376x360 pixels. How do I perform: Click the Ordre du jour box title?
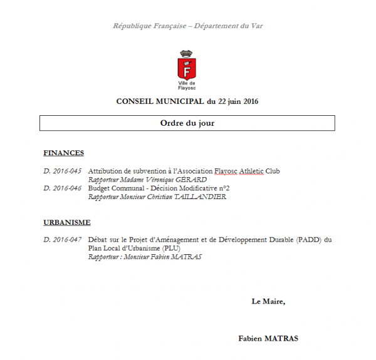(x=187, y=123)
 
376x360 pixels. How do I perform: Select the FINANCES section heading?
(x=63, y=153)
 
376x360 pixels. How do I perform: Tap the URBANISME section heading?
(x=67, y=222)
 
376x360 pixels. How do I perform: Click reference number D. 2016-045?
(x=63, y=171)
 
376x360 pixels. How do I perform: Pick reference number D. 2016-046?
(x=63, y=187)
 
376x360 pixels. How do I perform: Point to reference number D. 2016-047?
(x=63, y=240)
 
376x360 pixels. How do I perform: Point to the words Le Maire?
(x=268, y=301)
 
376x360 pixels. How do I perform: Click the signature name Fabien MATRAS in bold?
(x=268, y=339)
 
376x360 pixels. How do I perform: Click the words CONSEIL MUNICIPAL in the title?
(x=160, y=101)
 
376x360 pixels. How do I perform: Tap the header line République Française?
(x=150, y=26)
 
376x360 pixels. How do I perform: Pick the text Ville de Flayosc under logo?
(x=187, y=85)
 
